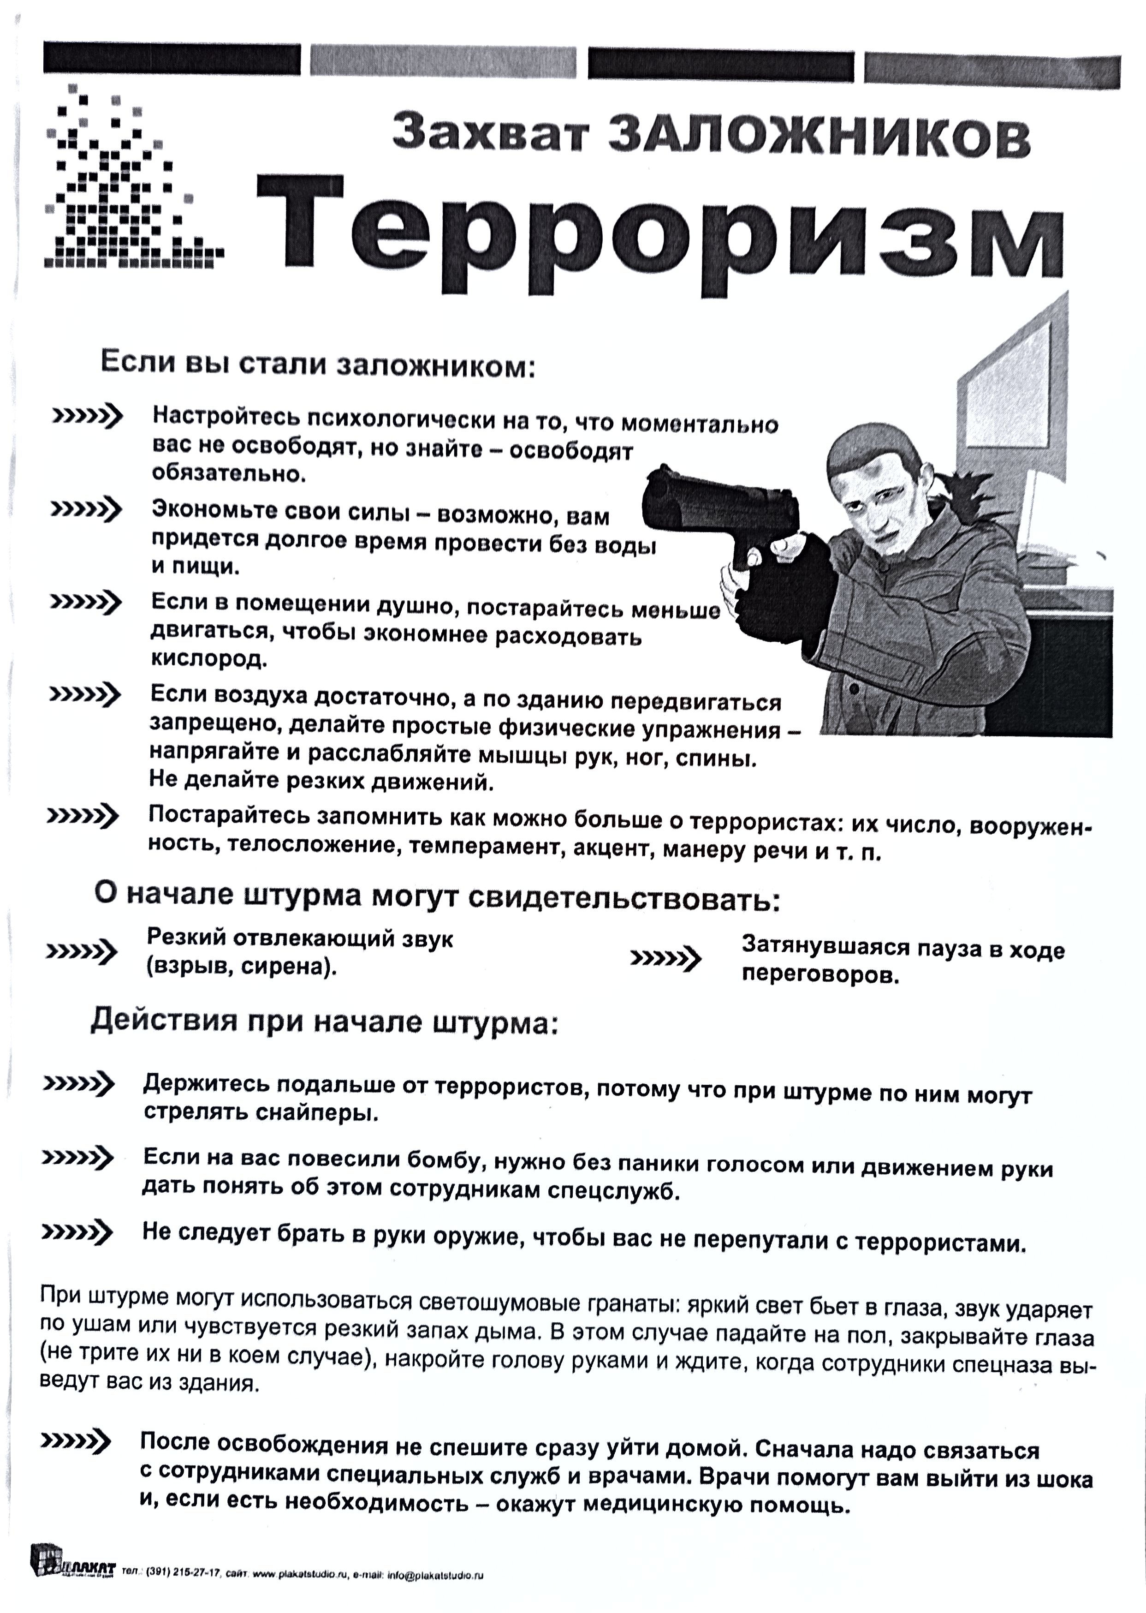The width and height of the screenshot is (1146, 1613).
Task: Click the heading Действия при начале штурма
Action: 325,1022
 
